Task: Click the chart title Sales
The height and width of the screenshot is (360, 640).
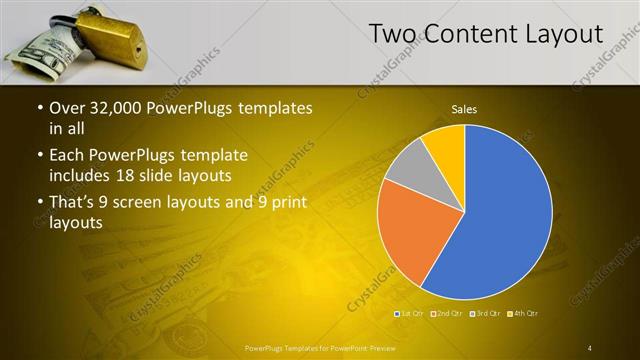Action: coord(464,108)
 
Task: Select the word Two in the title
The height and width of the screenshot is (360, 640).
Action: coord(393,34)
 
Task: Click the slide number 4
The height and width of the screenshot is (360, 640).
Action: coord(590,347)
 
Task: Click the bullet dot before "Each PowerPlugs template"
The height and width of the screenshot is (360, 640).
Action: coord(39,156)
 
